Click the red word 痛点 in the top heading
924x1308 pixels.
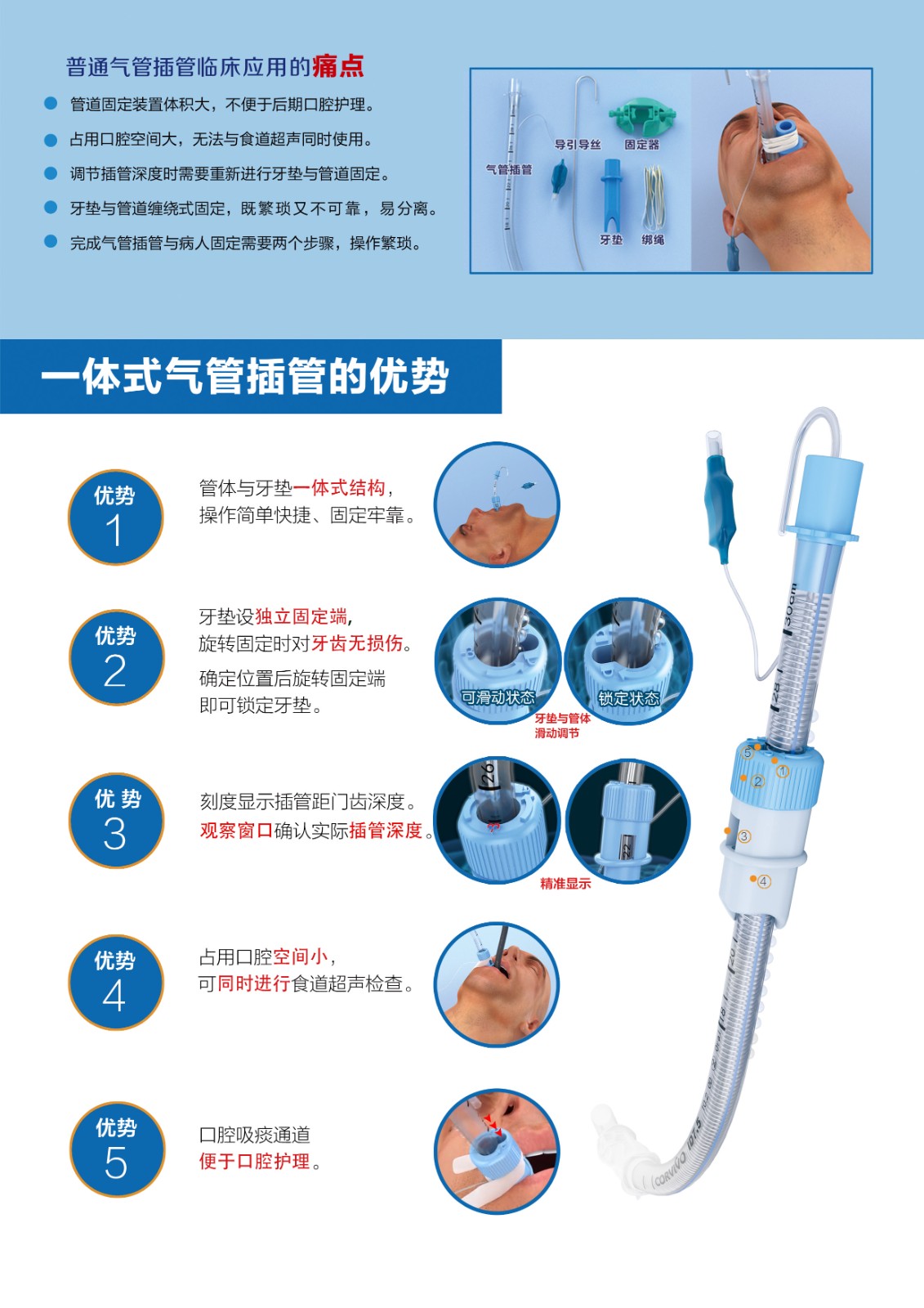coord(338,66)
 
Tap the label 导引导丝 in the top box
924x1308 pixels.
coord(578,144)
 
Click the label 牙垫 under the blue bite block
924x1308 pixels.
coord(611,240)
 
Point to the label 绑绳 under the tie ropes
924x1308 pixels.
coord(653,240)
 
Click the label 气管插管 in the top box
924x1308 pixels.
coord(509,169)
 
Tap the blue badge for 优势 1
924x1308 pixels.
coord(115,517)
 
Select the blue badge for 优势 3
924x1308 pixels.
coord(116,820)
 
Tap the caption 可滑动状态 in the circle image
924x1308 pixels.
coord(498,697)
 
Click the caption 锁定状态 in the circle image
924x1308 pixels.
coord(628,698)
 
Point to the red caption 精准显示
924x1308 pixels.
coord(565,884)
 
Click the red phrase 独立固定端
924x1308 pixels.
coord(301,616)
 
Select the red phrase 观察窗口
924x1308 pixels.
coord(236,830)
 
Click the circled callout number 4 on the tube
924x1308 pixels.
coord(764,881)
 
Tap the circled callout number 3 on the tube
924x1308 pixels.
coord(743,836)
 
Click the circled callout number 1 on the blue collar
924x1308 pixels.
coord(783,772)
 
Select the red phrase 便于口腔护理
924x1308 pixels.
coord(255,1161)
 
